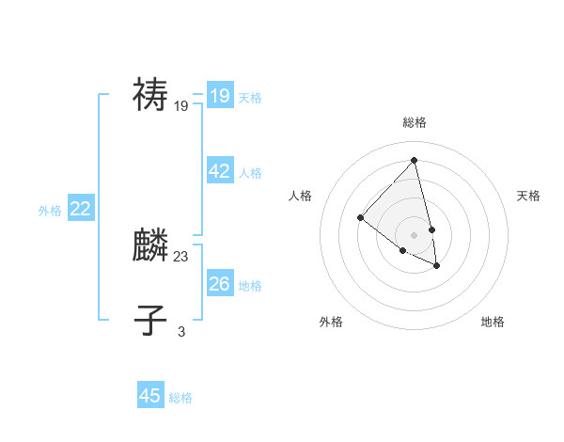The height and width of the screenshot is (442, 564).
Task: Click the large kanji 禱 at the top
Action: click(150, 94)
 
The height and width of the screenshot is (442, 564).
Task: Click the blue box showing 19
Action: click(220, 96)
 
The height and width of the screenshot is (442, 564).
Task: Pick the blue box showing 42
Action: click(220, 171)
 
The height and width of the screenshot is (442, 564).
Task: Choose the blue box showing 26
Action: click(220, 284)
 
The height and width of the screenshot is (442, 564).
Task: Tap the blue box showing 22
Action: click(81, 209)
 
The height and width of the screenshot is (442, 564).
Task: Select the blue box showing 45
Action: click(150, 396)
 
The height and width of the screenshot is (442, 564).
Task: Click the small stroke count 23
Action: click(181, 256)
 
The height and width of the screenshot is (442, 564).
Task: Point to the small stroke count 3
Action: click(181, 331)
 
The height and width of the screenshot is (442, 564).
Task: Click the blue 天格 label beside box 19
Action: click(250, 98)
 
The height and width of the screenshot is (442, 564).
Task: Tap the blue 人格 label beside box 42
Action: click(250, 173)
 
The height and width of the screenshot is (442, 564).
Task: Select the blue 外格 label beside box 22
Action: click(50, 211)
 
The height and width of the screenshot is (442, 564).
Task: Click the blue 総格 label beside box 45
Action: click(180, 398)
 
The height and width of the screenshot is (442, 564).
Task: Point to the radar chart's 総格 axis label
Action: click(415, 122)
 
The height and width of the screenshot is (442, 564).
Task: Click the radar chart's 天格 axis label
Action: click(528, 196)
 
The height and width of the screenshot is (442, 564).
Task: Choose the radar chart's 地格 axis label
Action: click(493, 322)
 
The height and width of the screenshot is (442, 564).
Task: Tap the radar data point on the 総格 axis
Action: click(415, 160)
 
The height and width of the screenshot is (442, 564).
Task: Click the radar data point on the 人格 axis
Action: click(360, 217)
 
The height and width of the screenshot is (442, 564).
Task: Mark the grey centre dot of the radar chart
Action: click(415, 234)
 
